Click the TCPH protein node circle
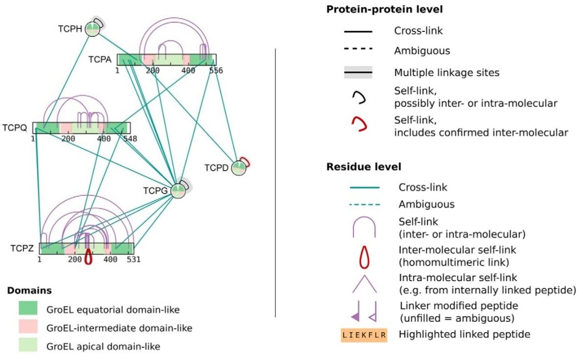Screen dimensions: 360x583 coord(92,29)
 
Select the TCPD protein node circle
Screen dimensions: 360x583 coord(239,168)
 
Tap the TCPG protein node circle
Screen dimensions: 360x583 coord(178,191)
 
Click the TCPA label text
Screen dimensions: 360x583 coord(100,59)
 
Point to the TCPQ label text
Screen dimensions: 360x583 coord(15,128)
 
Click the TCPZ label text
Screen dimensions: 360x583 coord(22,249)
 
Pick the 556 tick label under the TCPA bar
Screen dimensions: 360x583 coord(216,70)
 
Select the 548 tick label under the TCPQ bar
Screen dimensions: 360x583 coord(130,139)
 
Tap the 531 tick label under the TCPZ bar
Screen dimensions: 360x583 coord(133,259)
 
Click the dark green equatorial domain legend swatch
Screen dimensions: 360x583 coord(28,308)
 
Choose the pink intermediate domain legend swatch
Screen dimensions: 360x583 coord(28,326)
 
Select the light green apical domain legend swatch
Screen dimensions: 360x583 coord(28,345)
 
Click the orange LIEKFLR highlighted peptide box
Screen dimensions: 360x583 coord(364,335)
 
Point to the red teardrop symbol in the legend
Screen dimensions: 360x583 coord(364,257)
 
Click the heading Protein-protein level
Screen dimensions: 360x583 coord(384,9)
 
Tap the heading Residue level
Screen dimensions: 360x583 coord(364,167)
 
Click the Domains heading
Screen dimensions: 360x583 coord(30,290)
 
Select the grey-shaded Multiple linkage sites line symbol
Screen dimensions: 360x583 coord(358,73)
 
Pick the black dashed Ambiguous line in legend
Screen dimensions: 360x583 coord(358,48)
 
